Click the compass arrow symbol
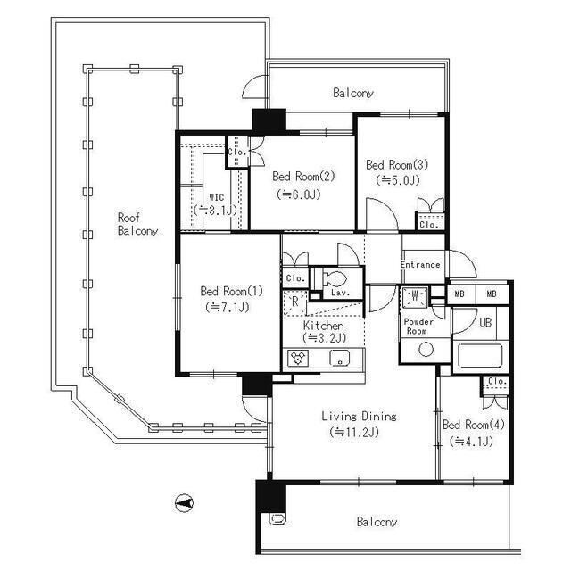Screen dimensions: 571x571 tap(185, 503)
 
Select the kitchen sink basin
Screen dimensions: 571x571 tap(340, 358)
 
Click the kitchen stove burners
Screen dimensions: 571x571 tap(298, 358)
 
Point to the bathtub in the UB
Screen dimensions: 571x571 tap(480, 355)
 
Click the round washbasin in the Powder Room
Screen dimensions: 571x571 tap(426, 350)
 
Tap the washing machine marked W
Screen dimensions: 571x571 tap(415, 297)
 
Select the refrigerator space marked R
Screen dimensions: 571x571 tap(295, 302)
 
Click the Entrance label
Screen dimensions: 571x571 tap(420, 265)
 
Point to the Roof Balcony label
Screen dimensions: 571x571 tap(137, 224)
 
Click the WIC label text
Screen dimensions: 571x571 tap(217, 198)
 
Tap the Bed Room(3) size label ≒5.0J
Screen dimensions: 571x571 tap(398, 180)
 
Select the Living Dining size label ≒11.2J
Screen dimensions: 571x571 tap(354, 432)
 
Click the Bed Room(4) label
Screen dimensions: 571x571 tap(474, 425)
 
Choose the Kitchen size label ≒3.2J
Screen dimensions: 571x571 tap(324, 338)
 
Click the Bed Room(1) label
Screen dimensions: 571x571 tap(232, 291)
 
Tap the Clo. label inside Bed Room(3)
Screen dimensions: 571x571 tap(428, 225)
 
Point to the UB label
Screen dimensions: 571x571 tap(485, 322)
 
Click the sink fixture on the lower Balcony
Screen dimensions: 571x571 tap(277, 518)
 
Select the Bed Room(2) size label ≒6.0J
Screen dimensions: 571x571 tap(299, 194)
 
